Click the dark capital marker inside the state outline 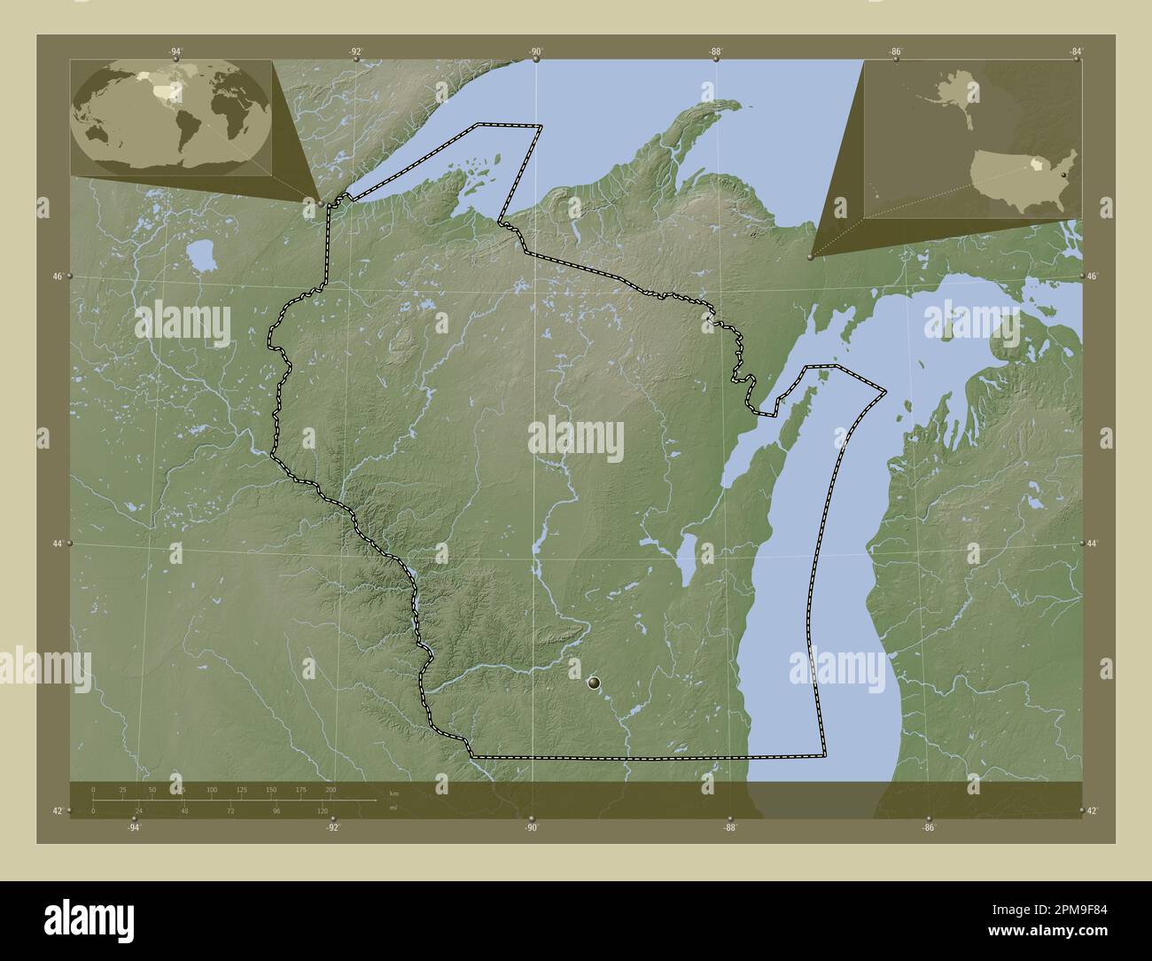594,682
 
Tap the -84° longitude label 1074,52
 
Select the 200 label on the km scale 331,789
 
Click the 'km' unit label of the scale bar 393,793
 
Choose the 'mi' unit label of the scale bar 393,808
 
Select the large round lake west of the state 203,257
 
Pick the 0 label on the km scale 93,789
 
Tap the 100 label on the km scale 211,789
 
